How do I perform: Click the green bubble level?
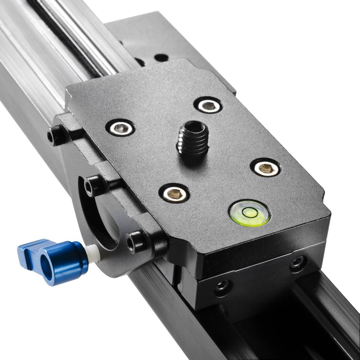click(249, 213)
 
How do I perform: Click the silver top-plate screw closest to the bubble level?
click(266, 168)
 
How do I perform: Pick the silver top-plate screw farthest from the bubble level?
click(120, 127)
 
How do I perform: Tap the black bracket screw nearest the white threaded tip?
click(135, 240)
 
